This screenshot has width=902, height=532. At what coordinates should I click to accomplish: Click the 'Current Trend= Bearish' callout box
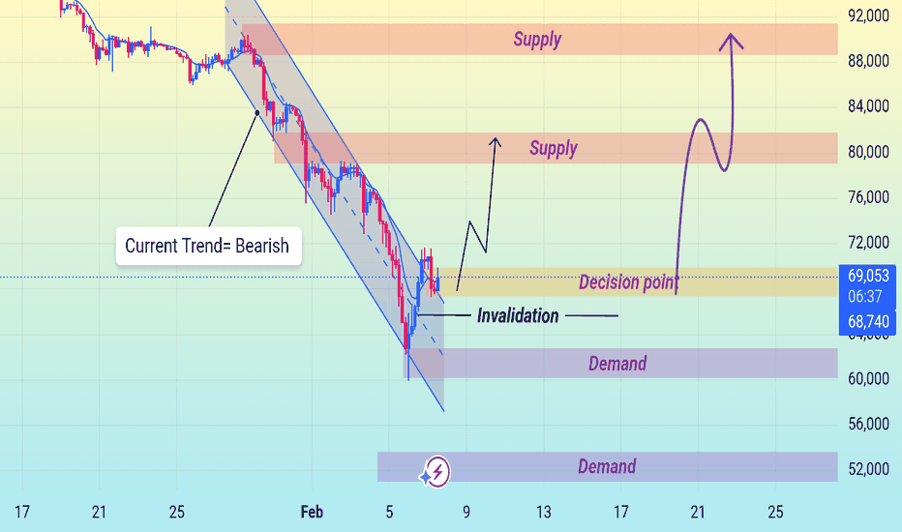pyautogui.click(x=207, y=246)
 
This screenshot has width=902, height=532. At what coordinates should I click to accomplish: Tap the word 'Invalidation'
pyautogui.click(x=518, y=315)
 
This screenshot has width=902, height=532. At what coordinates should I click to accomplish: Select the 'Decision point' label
pyautogui.click(x=628, y=282)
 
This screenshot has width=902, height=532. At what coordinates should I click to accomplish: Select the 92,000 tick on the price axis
pyautogui.click(x=867, y=15)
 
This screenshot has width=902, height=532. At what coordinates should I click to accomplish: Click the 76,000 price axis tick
pyautogui.click(x=867, y=197)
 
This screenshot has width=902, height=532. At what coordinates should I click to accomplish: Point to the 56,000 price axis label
pyautogui.click(x=867, y=424)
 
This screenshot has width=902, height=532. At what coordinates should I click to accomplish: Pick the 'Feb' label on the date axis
pyautogui.click(x=312, y=511)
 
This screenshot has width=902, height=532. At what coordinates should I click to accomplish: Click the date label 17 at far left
pyautogui.click(x=23, y=511)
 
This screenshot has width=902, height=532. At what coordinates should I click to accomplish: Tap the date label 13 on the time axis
pyautogui.click(x=544, y=511)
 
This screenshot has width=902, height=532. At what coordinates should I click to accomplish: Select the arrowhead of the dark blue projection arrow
pyautogui.click(x=496, y=142)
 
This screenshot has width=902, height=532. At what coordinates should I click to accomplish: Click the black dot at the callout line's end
pyautogui.click(x=256, y=113)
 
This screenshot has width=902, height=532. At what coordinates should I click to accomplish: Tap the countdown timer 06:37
pyautogui.click(x=867, y=295)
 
